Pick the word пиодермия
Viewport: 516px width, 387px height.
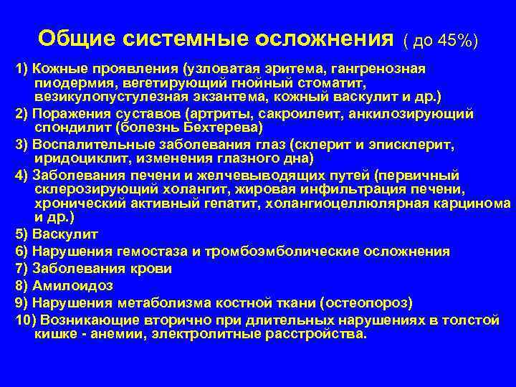[x=69, y=83]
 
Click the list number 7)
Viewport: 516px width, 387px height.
[x=21, y=268]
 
